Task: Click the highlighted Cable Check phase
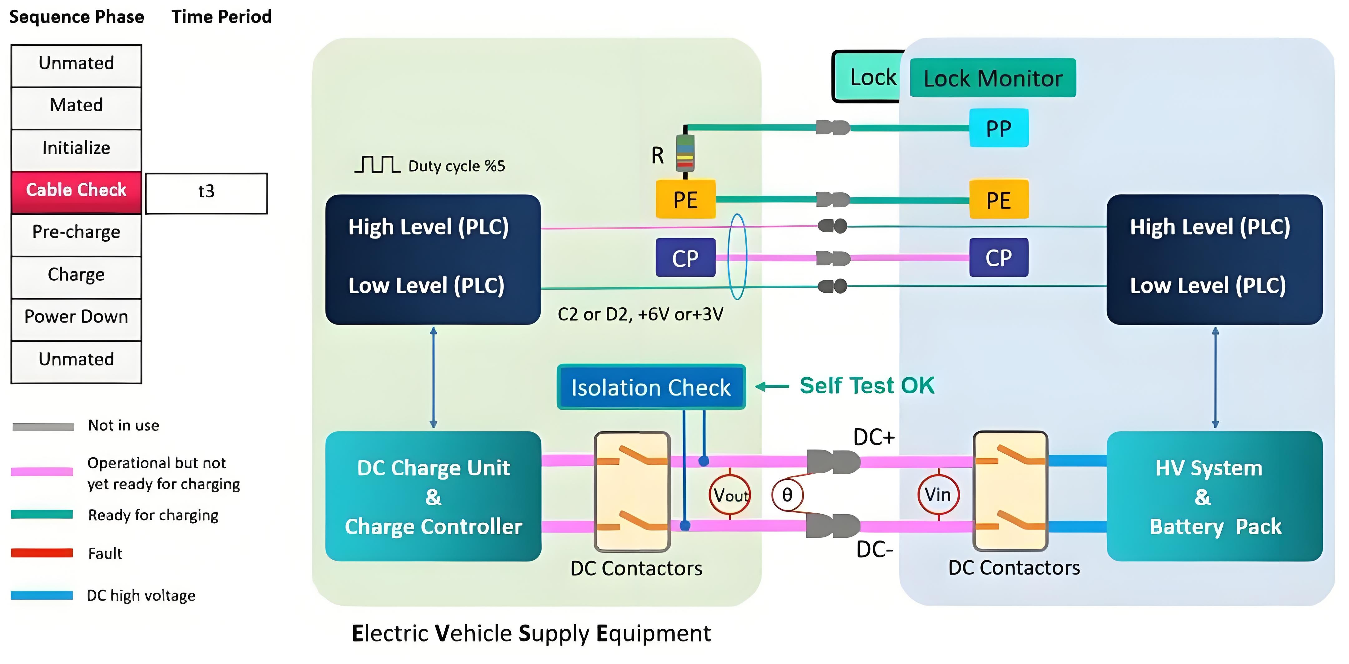[x=77, y=191]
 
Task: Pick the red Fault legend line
[x=42, y=553]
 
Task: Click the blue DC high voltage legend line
[x=42, y=595]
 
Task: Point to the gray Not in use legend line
[x=43, y=427]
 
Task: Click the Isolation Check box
[x=651, y=387]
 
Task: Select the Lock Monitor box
[x=993, y=78]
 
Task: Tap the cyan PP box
[x=999, y=128]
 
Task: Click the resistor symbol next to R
[x=685, y=153]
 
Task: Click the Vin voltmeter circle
[x=938, y=494]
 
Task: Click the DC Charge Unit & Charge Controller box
[x=433, y=496]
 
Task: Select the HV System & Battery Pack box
[x=1214, y=496]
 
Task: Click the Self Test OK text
[x=867, y=386]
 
